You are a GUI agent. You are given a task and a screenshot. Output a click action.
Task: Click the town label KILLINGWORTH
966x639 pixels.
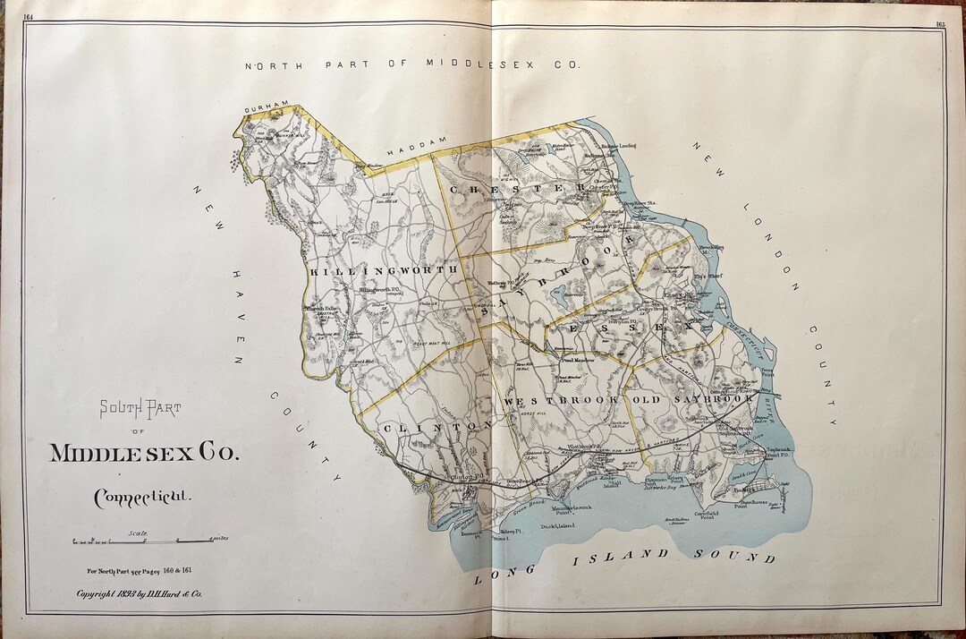click(x=384, y=268)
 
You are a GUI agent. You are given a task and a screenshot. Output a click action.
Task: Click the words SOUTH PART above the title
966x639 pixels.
click(x=140, y=409)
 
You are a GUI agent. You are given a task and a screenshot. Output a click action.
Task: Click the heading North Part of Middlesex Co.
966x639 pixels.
click(x=412, y=64)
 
